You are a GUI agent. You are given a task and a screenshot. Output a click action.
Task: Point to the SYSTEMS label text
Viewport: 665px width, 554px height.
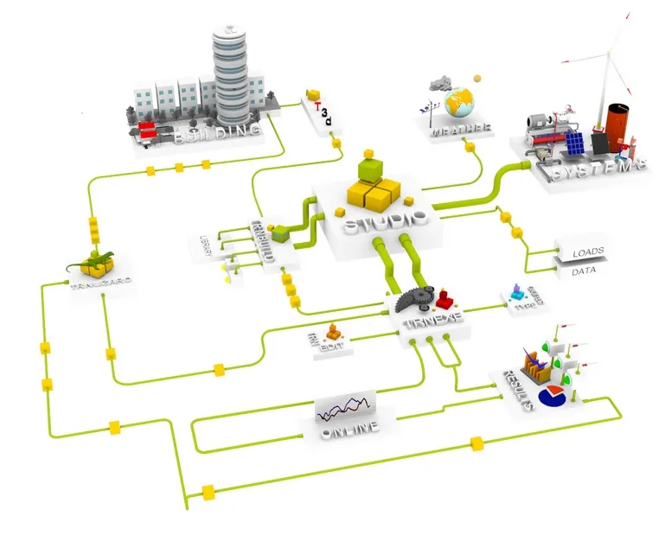[x=597, y=169]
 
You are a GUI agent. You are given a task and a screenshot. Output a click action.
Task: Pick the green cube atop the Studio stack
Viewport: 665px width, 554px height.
[x=373, y=165]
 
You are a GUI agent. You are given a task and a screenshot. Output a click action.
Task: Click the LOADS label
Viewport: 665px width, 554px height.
[x=588, y=253]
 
